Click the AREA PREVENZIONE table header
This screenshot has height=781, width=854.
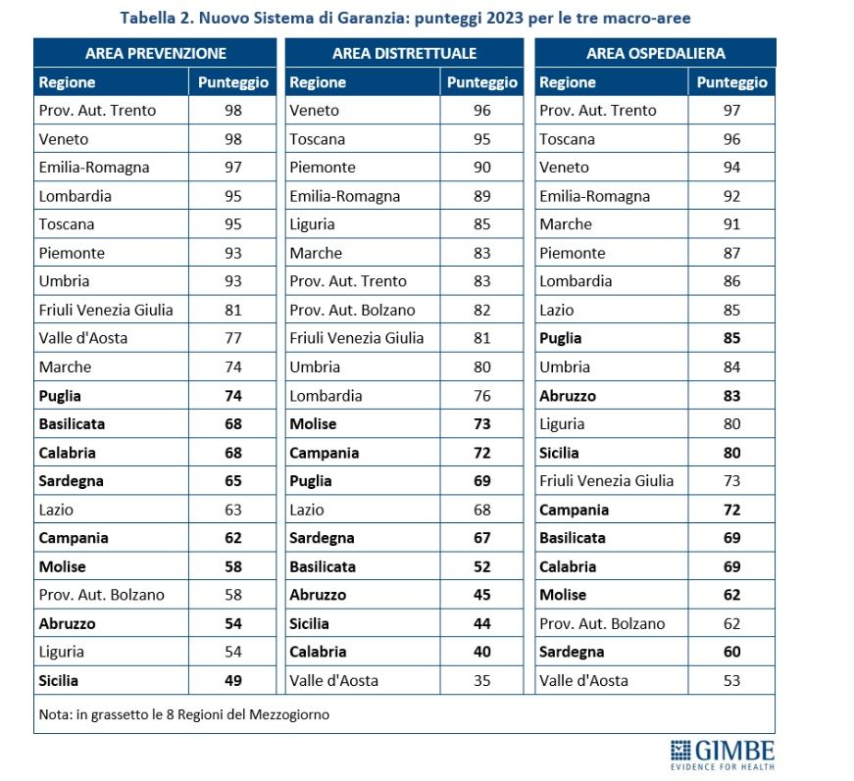point(156,53)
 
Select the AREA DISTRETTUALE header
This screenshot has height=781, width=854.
point(405,53)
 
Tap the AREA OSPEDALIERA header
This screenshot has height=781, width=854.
point(654,53)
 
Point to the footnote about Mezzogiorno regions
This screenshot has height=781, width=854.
point(184,714)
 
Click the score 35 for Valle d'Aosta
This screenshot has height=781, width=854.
point(481,680)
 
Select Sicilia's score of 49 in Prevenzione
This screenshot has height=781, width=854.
point(232,680)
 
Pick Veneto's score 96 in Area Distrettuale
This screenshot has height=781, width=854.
point(481,111)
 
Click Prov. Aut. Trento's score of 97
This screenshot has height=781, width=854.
point(731,111)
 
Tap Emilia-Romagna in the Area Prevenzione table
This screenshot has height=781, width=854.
point(94,168)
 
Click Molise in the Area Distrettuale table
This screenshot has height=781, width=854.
point(313,423)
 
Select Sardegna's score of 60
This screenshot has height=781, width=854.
point(731,652)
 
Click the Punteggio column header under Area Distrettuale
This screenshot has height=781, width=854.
point(481,82)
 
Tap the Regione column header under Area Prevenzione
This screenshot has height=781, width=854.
point(67,82)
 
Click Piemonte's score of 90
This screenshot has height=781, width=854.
point(481,168)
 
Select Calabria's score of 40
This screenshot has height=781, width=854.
point(481,652)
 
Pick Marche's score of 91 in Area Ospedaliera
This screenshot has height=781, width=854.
point(731,224)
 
